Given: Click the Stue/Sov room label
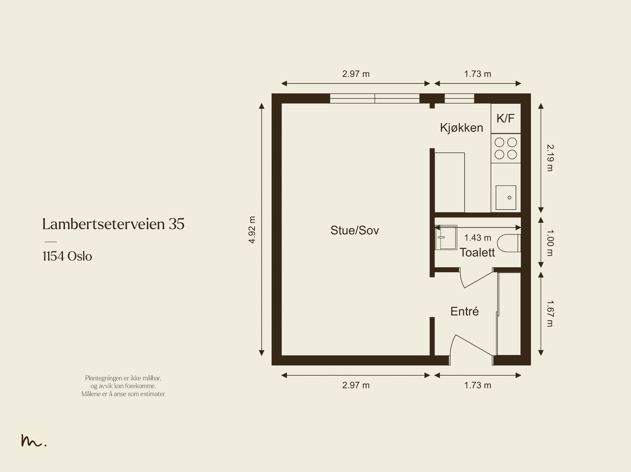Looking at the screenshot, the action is [x=355, y=230].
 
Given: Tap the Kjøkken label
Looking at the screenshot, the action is [x=461, y=128].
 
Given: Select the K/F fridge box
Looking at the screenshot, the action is [x=506, y=118].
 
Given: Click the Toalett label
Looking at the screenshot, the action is [x=477, y=253].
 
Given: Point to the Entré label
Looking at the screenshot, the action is [x=465, y=311].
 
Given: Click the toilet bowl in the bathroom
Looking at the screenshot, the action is [x=509, y=243].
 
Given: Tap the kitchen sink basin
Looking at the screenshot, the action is [x=506, y=197].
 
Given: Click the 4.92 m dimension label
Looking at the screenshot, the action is [x=252, y=230].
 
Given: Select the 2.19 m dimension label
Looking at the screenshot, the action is [x=550, y=158].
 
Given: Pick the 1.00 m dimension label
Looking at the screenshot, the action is [x=550, y=243].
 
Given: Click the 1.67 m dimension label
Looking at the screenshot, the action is [x=550, y=314].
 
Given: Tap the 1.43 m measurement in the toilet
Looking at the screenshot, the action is [x=478, y=238].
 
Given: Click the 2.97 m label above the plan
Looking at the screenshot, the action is [x=356, y=74].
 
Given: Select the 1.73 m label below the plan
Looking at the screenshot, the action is [x=478, y=385].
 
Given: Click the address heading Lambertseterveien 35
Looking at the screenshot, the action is [x=113, y=224].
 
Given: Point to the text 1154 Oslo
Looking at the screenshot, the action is [x=67, y=256].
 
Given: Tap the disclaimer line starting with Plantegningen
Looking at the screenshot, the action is [x=123, y=378].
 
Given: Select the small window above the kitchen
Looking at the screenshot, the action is [x=459, y=98].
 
